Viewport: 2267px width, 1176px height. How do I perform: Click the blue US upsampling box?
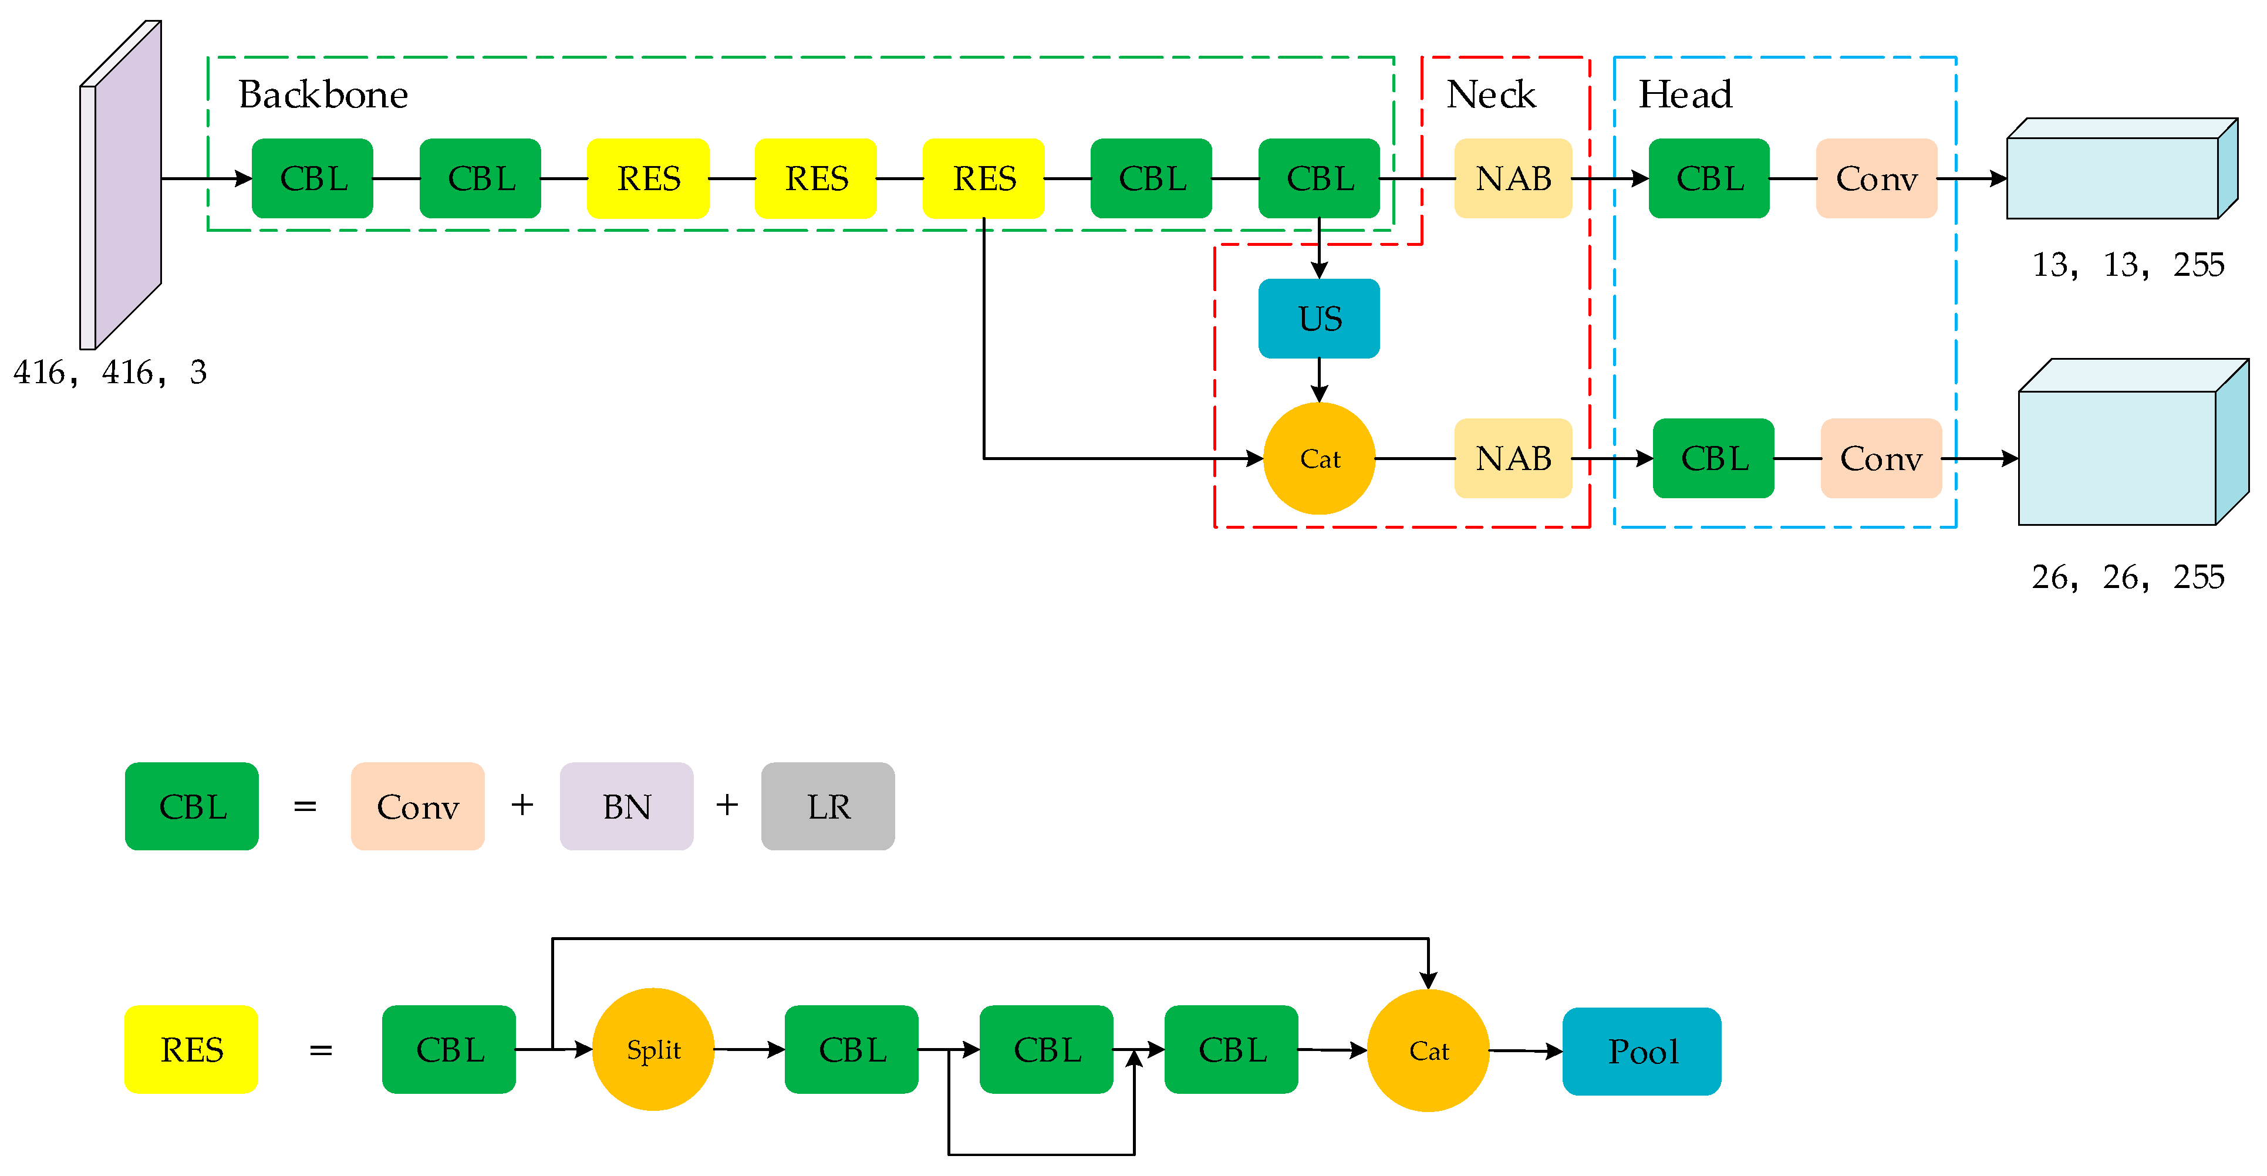point(1318,319)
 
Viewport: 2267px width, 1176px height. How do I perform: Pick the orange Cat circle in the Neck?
point(1318,458)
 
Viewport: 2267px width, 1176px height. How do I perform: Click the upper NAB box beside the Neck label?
point(1513,178)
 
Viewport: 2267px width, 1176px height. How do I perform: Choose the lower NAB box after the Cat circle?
point(1513,458)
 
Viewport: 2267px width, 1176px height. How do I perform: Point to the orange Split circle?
point(653,1049)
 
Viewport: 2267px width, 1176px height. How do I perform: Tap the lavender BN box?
point(626,806)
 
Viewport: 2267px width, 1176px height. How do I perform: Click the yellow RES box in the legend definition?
point(191,1049)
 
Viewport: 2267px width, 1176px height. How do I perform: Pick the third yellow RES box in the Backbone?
point(983,178)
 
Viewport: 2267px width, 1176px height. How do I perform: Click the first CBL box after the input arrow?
point(312,178)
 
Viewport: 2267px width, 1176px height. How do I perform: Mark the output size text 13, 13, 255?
point(2127,265)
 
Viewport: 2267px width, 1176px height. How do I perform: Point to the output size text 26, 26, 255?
point(2127,577)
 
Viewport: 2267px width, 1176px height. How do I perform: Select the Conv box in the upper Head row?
point(1876,178)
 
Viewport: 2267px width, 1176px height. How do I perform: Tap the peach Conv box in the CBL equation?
point(417,806)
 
